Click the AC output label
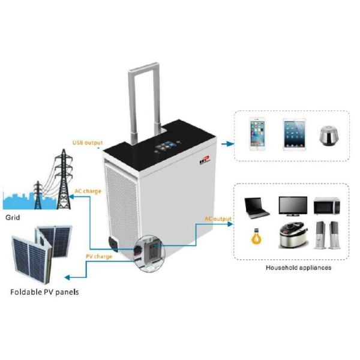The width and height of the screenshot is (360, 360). [217, 219]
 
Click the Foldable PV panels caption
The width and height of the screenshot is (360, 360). [44, 292]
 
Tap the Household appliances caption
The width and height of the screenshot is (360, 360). [298, 267]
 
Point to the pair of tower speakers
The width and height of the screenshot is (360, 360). [327, 235]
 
